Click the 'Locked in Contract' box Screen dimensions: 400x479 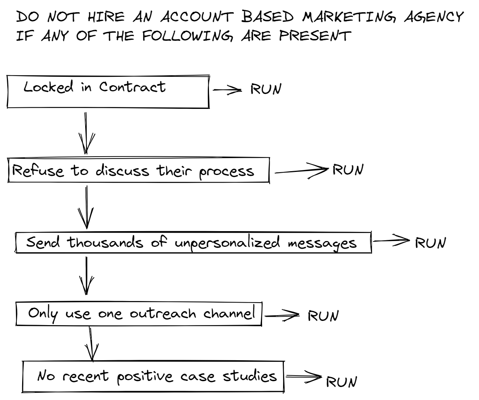click(x=108, y=91)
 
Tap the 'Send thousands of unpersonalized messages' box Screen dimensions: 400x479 click(x=193, y=242)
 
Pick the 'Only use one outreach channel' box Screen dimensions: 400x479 click(x=139, y=314)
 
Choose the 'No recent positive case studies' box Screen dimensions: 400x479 click(x=153, y=376)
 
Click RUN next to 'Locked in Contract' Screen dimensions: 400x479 click(x=266, y=89)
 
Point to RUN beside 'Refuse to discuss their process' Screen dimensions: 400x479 click(x=348, y=170)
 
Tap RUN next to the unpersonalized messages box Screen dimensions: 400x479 click(x=430, y=243)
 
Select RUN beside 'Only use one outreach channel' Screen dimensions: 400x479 click(x=323, y=316)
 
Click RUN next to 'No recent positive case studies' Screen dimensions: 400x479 click(x=341, y=381)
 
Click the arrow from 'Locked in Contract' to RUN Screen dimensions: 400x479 click(x=227, y=90)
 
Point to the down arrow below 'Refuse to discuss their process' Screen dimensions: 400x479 click(x=86, y=207)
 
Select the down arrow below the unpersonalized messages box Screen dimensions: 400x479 click(x=87, y=275)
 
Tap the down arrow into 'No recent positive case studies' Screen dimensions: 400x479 click(x=91, y=344)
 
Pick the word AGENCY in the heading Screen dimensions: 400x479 click(x=434, y=18)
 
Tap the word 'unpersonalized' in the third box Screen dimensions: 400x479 click(x=227, y=243)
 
